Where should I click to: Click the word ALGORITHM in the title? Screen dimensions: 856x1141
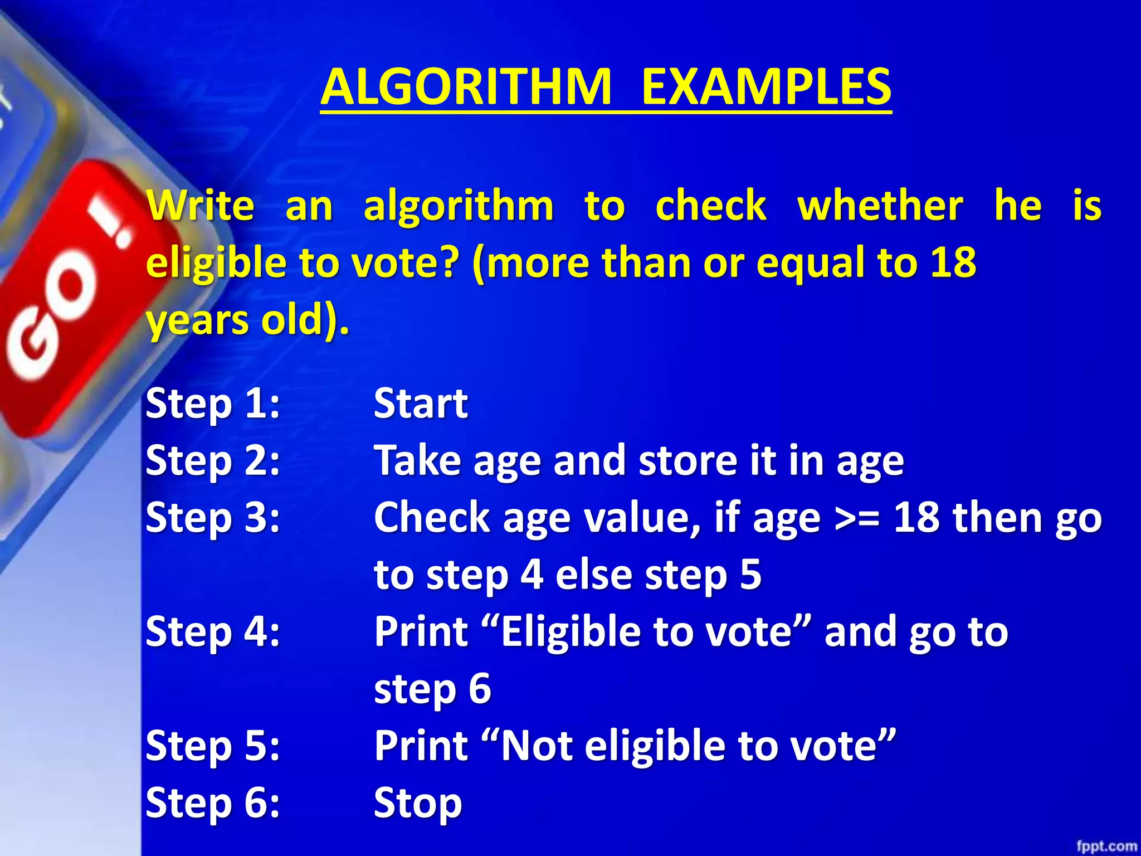[x=466, y=87]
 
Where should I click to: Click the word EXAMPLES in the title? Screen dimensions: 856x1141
[x=766, y=87]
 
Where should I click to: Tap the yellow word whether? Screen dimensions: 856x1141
[x=880, y=206]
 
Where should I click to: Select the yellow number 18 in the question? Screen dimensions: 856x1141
[x=953, y=262]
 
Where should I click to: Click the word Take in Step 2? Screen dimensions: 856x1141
[x=418, y=460]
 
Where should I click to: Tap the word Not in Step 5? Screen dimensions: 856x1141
[x=537, y=746]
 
